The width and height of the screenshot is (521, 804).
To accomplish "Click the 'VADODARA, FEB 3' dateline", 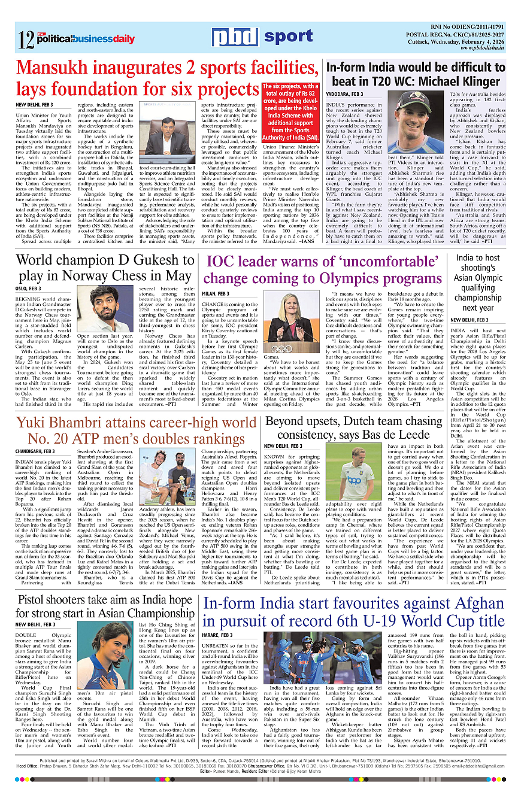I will pyautogui.click(x=344, y=94).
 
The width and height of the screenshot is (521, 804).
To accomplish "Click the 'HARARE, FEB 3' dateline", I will pyautogui.click(x=218, y=635).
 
